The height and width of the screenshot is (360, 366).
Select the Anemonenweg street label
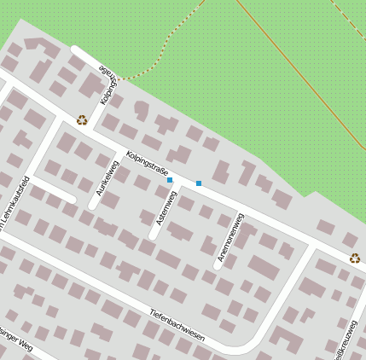[230, 235]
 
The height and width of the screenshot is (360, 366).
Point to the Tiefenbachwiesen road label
[177, 324]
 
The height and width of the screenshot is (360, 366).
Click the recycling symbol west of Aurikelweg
[82, 120]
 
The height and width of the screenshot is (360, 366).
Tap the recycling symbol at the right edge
[355, 258]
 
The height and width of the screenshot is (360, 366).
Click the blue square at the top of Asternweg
[170, 180]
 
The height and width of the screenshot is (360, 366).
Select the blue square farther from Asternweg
[199, 183]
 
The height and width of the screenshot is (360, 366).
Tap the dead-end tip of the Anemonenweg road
[217, 264]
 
